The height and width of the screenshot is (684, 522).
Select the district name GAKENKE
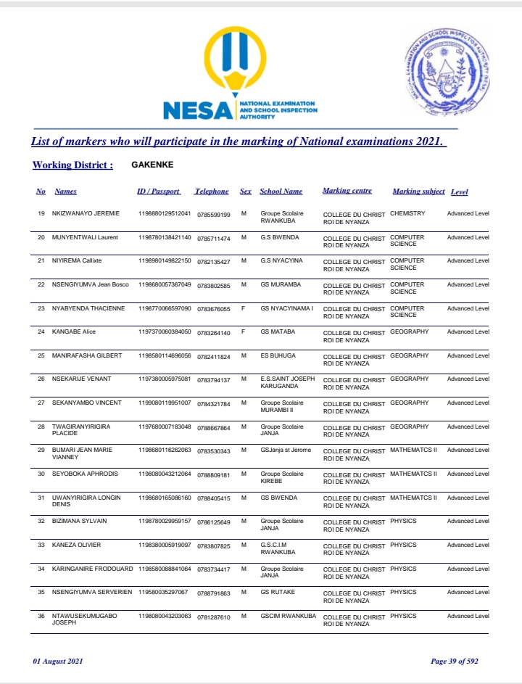coord(152,165)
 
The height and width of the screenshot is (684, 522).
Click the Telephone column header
coord(211,191)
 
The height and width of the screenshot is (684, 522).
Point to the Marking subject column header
coord(418,191)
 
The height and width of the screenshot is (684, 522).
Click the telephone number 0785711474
coord(214,238)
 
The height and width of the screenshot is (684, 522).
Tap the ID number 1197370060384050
coord(165,331)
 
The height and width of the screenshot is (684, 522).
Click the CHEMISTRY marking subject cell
coord(407,214)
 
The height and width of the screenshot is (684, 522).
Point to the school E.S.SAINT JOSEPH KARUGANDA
coord(288,382)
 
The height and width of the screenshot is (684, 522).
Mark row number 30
coord(41,474)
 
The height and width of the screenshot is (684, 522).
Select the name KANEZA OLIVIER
coord(76,545)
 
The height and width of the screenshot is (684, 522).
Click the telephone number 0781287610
coord(214,617)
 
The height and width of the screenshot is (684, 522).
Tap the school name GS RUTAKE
coord(276,593)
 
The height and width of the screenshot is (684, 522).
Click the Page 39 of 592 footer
coord(455,661)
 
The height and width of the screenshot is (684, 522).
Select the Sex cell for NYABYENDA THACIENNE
coord(244,308)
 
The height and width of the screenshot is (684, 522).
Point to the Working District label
coord(72,165)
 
